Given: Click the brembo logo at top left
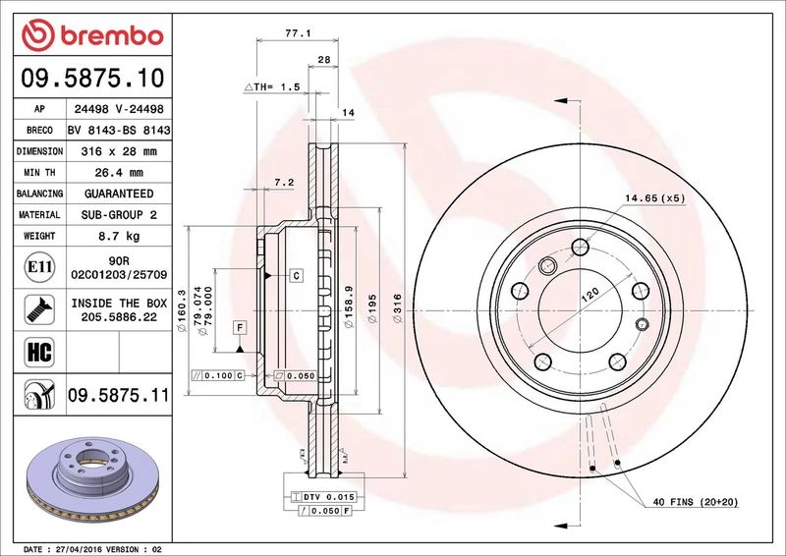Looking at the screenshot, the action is pos(92,35).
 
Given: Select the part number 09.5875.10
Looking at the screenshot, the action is pos(92,79).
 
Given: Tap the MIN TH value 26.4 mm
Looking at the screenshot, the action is pos(119,173).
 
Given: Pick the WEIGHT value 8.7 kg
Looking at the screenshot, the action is pos(119,236).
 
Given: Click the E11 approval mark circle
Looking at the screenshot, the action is pos(39,267).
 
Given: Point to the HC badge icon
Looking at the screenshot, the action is pos(39,352).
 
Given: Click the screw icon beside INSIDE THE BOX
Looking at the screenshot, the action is pos(39,309).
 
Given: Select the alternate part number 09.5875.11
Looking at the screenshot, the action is pos(119,395).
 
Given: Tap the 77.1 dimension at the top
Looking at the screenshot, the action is pos(298,33).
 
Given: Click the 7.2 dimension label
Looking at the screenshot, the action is pos(284,183).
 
